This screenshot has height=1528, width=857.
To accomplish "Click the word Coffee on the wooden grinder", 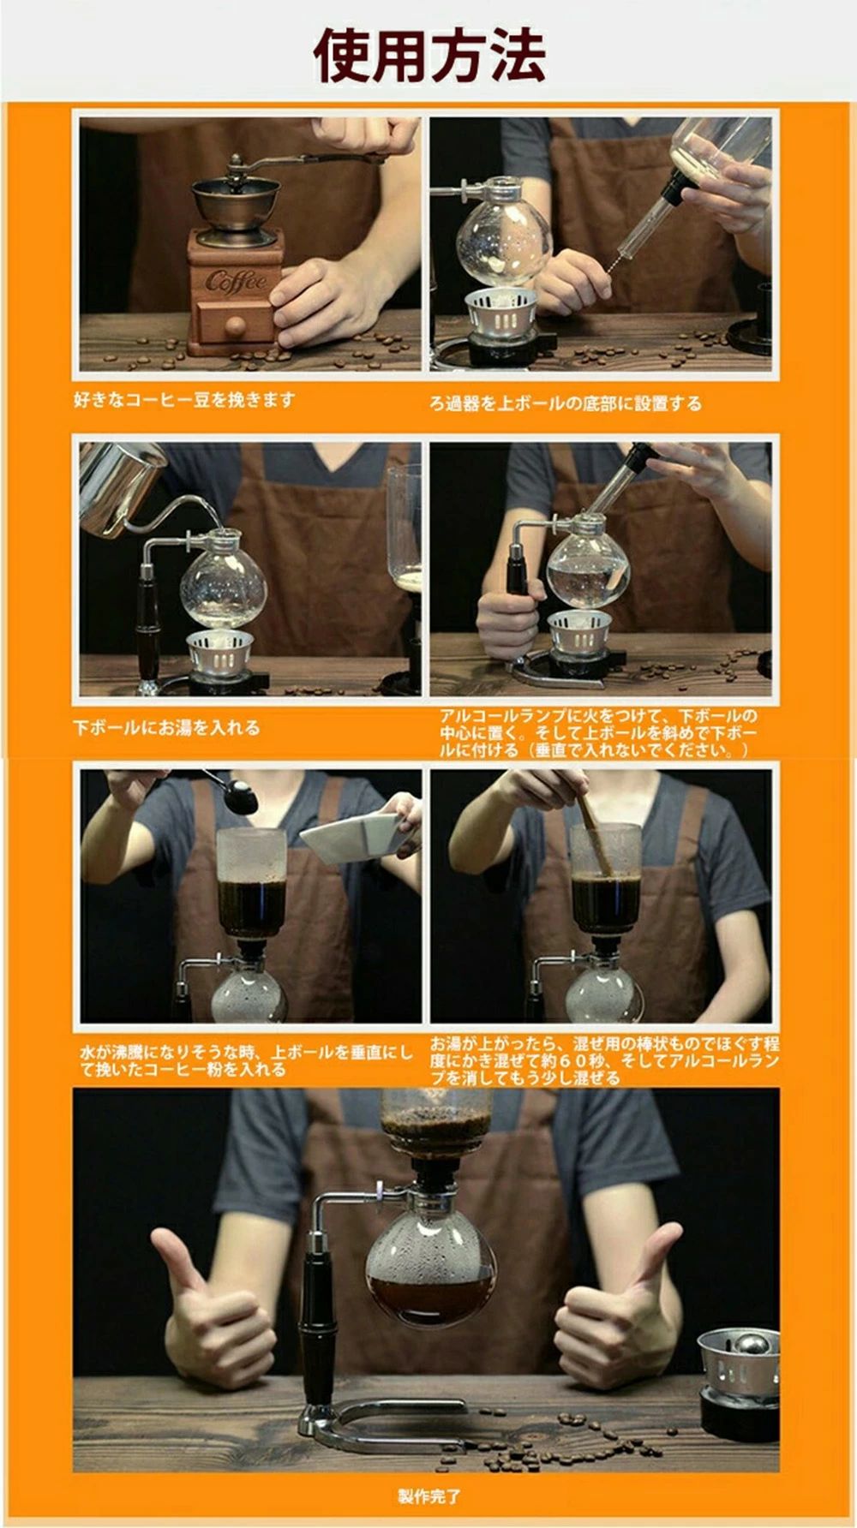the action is click(x=236, y=280).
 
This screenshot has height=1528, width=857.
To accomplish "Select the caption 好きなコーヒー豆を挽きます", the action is click(x=184, y=399).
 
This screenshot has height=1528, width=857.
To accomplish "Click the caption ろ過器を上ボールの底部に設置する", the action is click(x=566, y=403).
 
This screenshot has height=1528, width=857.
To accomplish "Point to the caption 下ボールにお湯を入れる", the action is click(x=166, y=728).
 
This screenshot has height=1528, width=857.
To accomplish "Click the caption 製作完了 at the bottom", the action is click(x=428, y=1496).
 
